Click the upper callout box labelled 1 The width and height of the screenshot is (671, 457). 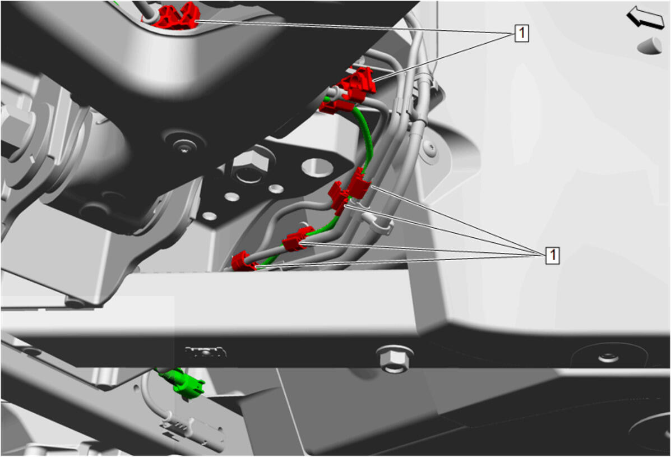pyautogui.click(x=521, y=33)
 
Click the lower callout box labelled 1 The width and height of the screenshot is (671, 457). pyautogui.click(x=553, y=255)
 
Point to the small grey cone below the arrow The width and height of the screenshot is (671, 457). pyautogui.click(x=650, y=45)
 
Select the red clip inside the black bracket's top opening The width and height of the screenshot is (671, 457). pyautogui.click(x=176, y=16)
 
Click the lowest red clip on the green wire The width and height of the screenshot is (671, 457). pyautogui.click(x=243, y=261)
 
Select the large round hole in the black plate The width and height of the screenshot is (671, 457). pyautogui.click(x=317, y=167)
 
